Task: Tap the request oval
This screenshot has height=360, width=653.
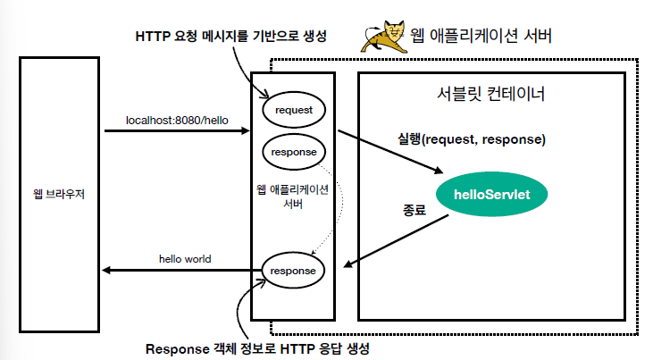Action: click(x=293, y=109)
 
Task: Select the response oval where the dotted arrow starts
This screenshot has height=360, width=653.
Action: click(x=293, y=152)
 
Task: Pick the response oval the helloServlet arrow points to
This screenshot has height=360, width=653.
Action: click(x=293, y=270)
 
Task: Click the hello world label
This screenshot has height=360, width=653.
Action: click(x=186, y=259)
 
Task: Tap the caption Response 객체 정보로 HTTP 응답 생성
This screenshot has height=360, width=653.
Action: click(x=258, y=347)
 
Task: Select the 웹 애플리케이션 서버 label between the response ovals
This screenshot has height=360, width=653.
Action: click(x=292, y=196)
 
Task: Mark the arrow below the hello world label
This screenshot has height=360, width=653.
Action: click(x=179, y=271)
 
